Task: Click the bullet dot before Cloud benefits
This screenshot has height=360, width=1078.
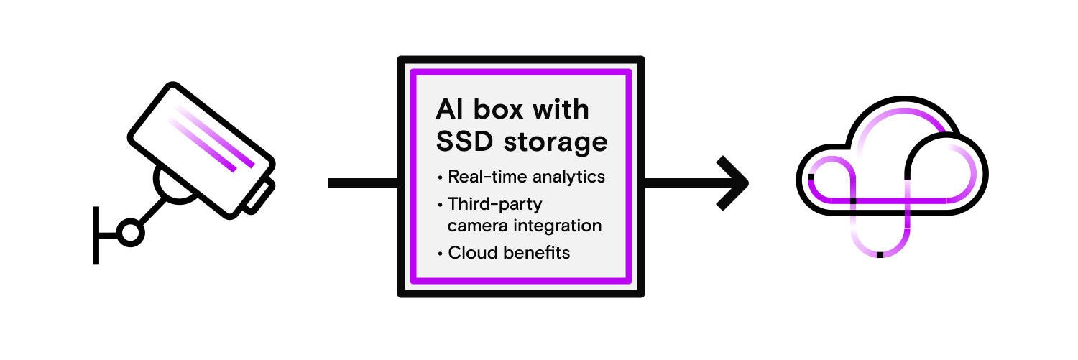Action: [x=440, y=254]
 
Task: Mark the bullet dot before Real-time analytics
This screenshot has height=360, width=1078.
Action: [x=440, y=177]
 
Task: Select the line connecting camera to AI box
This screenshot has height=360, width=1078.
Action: [x=362, y=183]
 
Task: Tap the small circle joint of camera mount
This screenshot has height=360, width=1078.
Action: [x=130, y=233]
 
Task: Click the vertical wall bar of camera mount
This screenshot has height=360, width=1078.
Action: [x=96, y=234]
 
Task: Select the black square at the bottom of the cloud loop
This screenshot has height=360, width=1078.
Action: [x=880, y=255]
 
